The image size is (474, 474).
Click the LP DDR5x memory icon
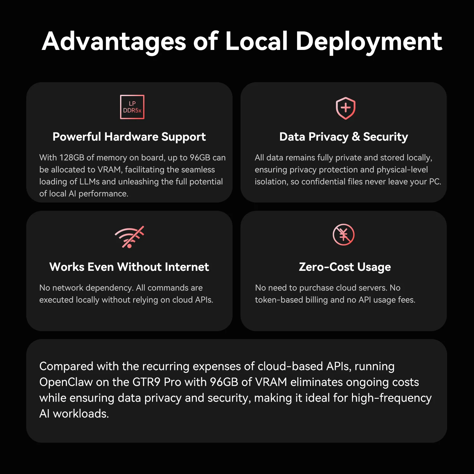(x=132, y=107)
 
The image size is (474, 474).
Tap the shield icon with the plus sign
(x=345, y=108)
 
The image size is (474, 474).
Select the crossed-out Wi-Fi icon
(x=129, y=237)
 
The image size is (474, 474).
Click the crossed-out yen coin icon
(x=343, y=234)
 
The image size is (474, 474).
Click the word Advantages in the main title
(x=114, y=42)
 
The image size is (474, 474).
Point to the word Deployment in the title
(x=369, y=42)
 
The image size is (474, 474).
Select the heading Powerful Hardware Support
(x=129, y=137)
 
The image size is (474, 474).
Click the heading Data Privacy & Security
(x=344, y=137)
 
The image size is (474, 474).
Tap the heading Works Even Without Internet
(x=129, y=267)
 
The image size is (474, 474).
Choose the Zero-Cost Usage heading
(x=345, y=267)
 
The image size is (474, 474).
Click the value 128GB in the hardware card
(x=72, y=157)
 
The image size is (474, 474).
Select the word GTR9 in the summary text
(x=146, y=382)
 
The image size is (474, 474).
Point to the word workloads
(x=81, y=414)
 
